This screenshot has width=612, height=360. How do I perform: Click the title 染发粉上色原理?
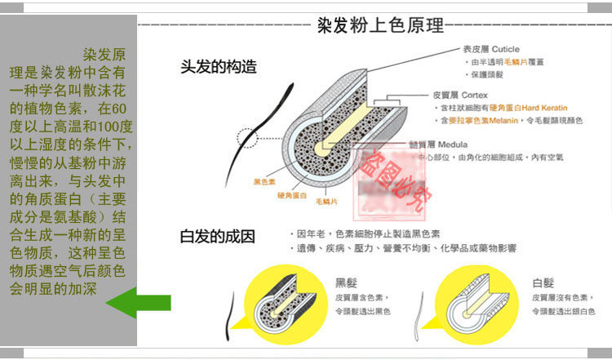tap(379, 24)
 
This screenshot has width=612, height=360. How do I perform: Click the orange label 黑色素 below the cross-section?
tap(266, 180)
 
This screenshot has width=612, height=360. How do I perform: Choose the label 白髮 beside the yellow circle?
tap(543, 283)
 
